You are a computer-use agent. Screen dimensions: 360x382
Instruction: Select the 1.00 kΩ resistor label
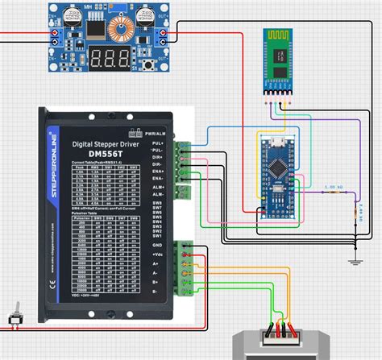point(334,186)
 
